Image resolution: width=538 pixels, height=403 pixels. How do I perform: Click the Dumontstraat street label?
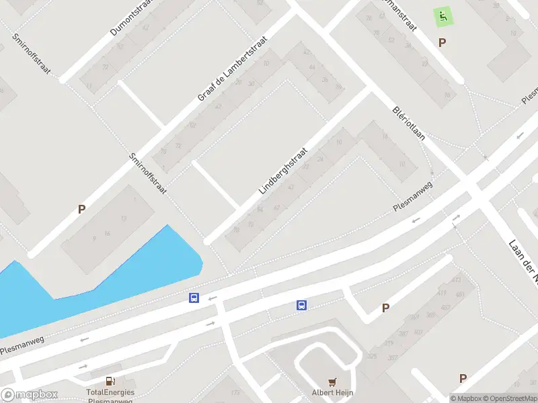132,18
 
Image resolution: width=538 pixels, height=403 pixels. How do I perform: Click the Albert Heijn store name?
332,393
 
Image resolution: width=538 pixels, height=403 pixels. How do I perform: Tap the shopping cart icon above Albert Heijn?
331,381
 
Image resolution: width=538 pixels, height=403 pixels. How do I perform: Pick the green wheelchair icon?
442,17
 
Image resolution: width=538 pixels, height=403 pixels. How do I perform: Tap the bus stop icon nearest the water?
194,298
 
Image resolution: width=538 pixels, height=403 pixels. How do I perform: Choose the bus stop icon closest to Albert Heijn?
302,306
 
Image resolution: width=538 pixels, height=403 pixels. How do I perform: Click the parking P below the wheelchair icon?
442,42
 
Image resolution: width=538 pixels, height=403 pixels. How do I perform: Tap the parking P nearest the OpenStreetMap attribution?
463,379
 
